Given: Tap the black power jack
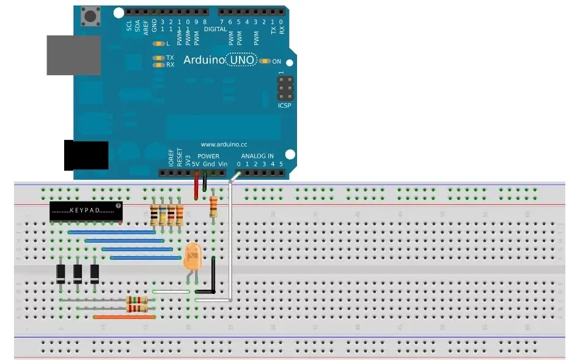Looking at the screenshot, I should [x=86, y=155].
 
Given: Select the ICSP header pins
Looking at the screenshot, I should [x=284, y=89].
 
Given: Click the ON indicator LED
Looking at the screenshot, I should [x=265, y=61].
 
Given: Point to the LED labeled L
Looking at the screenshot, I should [x=159, y=44].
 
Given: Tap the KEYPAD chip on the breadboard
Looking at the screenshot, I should [x=86, y=211].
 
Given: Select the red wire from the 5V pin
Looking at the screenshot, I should [x=196, y=186].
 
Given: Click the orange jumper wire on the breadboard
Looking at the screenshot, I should [x=124, y=317].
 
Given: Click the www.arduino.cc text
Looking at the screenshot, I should [x=223, y=145].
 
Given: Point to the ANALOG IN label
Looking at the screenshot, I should [x=257, y=156].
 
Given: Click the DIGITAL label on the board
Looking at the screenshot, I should [x=215, y=29].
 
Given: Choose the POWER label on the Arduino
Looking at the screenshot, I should [x=208, y=156].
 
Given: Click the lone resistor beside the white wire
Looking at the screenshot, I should [x=213, y=207].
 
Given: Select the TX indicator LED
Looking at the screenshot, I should [x=159, y=57].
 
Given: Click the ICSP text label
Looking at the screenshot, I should [x=284, y=105].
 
